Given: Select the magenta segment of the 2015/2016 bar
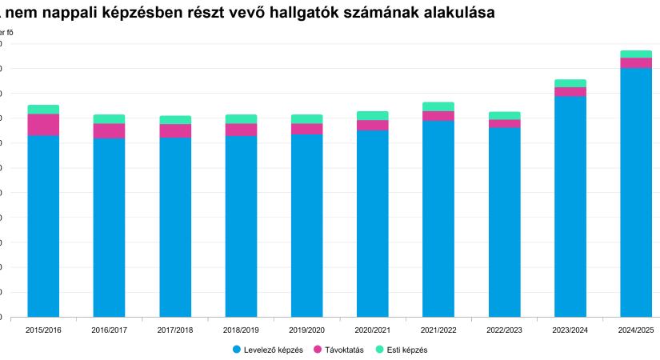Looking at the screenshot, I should pos(43,125).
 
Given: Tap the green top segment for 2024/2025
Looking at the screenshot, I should pos(636,54).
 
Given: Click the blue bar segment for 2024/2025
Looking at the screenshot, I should pos(636,192).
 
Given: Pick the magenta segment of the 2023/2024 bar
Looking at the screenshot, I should pos(570,91).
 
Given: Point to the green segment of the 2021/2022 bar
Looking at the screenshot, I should pos(438,106).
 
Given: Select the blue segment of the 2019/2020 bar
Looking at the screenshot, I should pos(306,225).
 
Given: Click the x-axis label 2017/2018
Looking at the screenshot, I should pos(174,330).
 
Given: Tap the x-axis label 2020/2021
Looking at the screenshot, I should pos(373,330).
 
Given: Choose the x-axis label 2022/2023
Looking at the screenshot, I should pos(505,330).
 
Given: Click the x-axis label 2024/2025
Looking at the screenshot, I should pos(636,330).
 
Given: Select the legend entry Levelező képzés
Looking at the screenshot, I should pos(273,350).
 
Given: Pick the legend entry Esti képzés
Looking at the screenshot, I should pos(406,350).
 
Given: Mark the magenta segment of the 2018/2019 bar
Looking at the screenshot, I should pos(241,130).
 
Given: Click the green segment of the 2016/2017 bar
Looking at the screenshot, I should pos(109,118).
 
